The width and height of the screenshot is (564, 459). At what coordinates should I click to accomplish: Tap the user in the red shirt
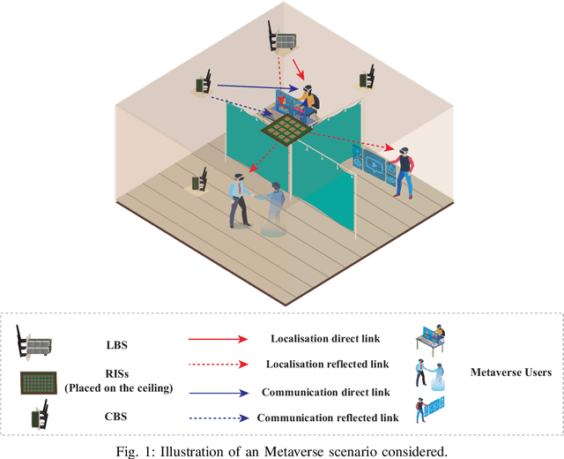point(405,171)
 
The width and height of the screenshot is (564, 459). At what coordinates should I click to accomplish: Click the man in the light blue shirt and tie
point(237,201)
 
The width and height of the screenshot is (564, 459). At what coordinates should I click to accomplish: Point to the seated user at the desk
point(308,100)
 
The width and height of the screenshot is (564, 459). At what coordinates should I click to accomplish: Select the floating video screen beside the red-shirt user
point(374,163)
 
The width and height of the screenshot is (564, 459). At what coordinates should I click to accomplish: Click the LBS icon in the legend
point(36,342)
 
